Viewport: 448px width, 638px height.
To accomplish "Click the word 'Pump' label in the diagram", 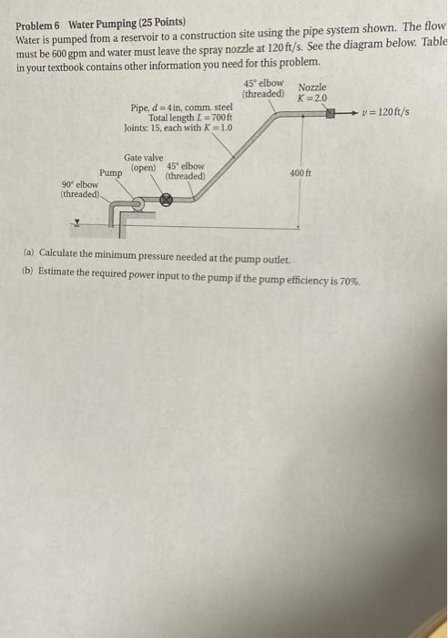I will [x=111, y=172].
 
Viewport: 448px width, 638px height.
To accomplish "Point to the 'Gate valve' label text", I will [x=143, y=157].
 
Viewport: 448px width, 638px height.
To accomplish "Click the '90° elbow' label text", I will [x=80, y=183].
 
